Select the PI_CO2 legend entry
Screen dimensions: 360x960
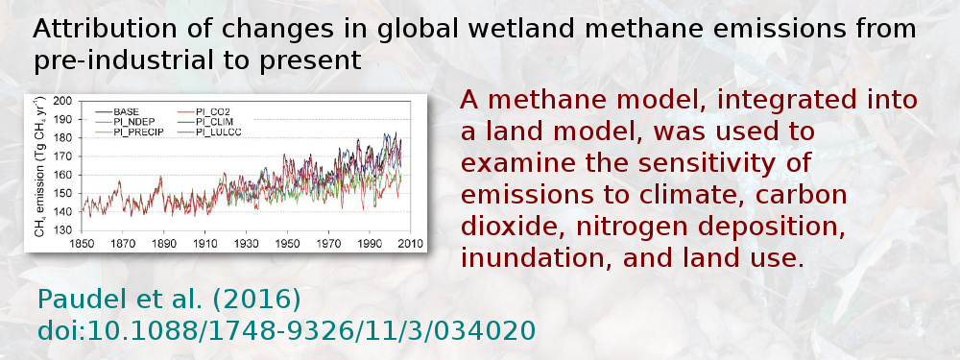(211, 112)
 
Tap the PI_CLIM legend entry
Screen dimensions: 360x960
(213, 122)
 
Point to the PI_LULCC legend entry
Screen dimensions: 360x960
(216, 132)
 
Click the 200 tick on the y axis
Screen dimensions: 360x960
(64, 101)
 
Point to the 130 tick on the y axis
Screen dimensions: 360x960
(64, 230)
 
